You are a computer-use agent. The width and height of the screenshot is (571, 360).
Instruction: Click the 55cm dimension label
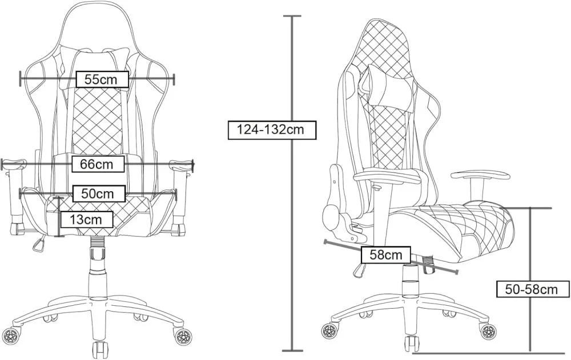pos(101,79)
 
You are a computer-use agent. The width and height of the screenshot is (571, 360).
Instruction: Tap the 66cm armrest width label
pos(97,164)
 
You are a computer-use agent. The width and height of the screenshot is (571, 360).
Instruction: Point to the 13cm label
pos(86,219)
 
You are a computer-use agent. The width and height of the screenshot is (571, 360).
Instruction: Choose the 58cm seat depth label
pos(385,254)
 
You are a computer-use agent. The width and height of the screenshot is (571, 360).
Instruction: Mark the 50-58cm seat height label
pos(530,289)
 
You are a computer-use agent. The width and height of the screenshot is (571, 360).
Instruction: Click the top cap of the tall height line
pos(292,17)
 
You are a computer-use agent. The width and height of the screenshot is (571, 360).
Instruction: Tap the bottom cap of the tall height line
pos(292,350)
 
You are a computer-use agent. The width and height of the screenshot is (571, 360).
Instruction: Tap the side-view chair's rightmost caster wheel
pos(487,330)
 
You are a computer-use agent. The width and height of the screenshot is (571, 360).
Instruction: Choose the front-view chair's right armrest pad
pos(181,165)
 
